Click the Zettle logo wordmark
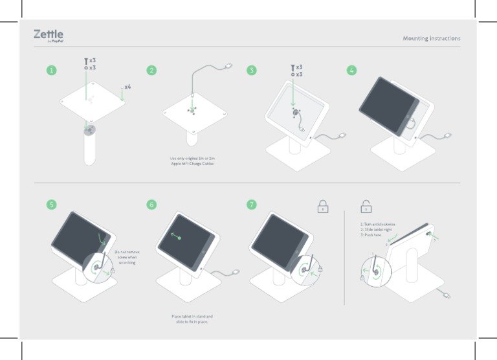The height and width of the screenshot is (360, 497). coord(49,34)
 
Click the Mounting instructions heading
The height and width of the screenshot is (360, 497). coord(432,38)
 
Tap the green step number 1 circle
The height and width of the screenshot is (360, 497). coord(51,71)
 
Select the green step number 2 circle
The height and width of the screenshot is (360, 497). coord(151,71)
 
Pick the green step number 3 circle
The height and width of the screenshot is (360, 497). coord(252,71)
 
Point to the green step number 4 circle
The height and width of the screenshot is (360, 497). coord(352,71)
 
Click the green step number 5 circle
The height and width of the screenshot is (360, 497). coord(51,205)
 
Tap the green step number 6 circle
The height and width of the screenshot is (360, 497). coord(151,205)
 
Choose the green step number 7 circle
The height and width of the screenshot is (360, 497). coord(252,205)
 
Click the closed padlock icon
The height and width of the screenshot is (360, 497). coord(322,206)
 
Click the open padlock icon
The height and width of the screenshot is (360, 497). coord(366,206)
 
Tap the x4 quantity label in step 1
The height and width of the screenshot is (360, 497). coord(127,86)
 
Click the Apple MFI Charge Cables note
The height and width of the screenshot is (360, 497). coord(192,161)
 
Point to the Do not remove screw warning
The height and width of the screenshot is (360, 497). coord(127,258)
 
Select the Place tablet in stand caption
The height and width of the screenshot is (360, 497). coord(192,319)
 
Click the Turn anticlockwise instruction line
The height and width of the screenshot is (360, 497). coord(378,224)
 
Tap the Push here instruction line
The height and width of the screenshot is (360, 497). coord(371,234)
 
